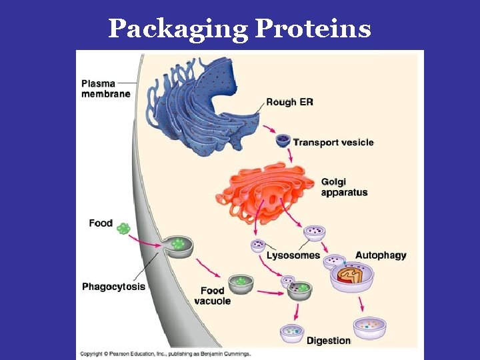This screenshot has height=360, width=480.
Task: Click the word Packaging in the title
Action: pos(178,29)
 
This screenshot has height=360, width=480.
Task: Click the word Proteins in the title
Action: pos(313,29)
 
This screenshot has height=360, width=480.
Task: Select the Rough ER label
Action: pos(290,102)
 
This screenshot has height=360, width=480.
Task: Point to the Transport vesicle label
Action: pos(333,142)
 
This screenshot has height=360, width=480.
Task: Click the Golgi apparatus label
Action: pos(344,187)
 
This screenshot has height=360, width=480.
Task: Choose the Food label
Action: pos(101,223)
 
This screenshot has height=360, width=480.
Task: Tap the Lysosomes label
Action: pos(293,255)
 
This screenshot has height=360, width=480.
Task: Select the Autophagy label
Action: pos(381,255)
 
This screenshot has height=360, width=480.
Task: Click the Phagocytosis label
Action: pos(113,287)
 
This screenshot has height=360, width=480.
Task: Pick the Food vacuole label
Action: pos(213,295)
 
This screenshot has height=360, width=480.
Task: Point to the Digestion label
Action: pos(328,341)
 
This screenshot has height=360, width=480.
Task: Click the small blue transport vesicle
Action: pos(283,141)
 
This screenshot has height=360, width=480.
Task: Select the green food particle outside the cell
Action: pos(123,229)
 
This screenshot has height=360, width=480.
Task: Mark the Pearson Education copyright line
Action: pos(165,353)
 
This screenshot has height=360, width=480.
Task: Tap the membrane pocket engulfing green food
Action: pos(177,245)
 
